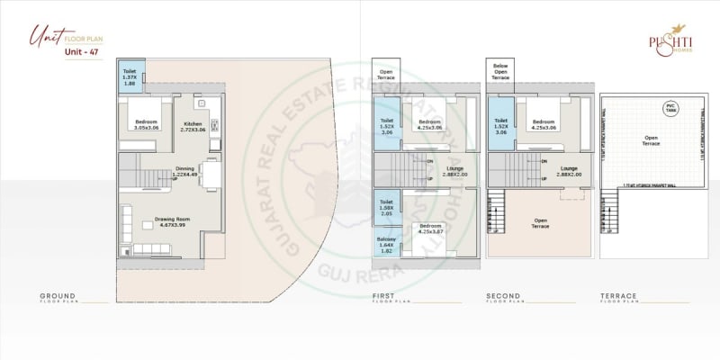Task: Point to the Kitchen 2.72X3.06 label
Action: (x=193, y=127)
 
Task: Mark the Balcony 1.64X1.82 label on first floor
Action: (x=386, y=244)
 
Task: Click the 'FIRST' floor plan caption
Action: (x=383, y=295)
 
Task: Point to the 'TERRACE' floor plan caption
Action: (x=619, y=295)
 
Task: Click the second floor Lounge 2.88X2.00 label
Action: (x=569, y=171)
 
